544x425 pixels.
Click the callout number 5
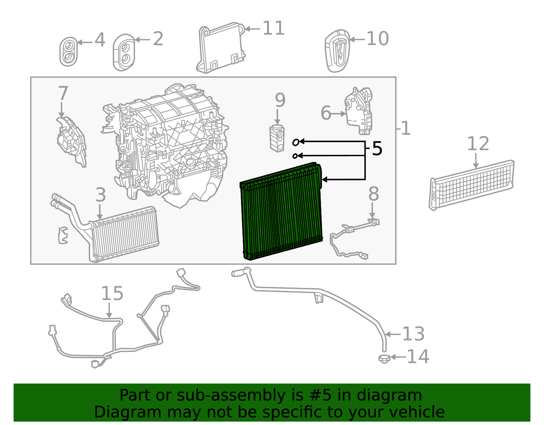coord(377,149)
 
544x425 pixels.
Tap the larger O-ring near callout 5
coord(296,142)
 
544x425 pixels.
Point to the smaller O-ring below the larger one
coord(295,156)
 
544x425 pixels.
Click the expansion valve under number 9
coord(277,138)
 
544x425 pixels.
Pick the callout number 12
coord(478,144)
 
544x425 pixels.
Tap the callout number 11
coord(273,28)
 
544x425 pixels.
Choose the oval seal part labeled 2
coord(124,53)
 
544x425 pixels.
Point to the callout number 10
coord(377,39)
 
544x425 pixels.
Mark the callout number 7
coord(63,94)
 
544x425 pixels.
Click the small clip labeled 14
coord(384,358)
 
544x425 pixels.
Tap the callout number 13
coord(413,334)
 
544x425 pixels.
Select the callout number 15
coord(112,294)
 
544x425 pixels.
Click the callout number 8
coord(373,194)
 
